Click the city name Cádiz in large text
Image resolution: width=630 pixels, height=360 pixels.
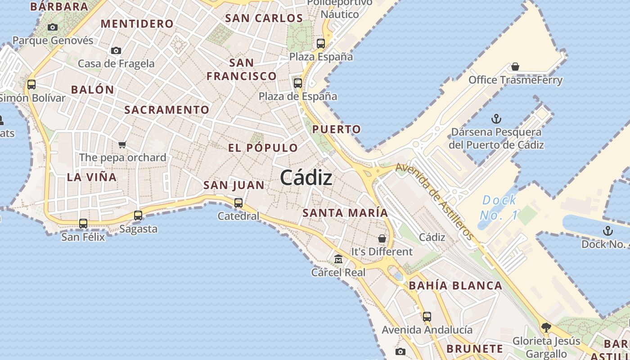point(306,178)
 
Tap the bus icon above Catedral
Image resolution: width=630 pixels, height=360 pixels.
point(238,202)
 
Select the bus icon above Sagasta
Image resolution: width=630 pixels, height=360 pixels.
point(138,215)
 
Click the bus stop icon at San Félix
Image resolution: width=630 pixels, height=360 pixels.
point(83,223)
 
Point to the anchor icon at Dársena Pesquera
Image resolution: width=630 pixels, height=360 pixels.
point(496,119)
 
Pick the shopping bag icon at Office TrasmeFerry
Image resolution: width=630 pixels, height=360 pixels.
point(515,67)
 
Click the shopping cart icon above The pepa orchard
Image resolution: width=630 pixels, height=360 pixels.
point(122,144)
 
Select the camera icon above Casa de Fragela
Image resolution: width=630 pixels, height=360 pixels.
point(116,50)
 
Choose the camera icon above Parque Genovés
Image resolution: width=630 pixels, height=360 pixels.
point(53,27)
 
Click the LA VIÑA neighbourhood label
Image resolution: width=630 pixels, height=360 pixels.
point(92,177)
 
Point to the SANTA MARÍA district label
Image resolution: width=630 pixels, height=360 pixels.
point(345,213)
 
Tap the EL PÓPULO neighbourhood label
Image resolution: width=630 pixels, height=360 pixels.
point(263,148)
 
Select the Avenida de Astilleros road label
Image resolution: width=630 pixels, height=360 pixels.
point(435,201)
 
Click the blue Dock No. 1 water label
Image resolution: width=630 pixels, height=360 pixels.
point(499,207)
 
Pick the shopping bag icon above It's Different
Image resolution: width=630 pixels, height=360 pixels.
point(382,238)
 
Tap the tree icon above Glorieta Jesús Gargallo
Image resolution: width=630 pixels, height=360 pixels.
point(546,327)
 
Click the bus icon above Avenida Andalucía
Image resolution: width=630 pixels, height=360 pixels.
point(427,316)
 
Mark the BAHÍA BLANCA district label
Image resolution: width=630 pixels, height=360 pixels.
point(455,285)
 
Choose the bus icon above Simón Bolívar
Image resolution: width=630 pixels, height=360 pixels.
point(31,84)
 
